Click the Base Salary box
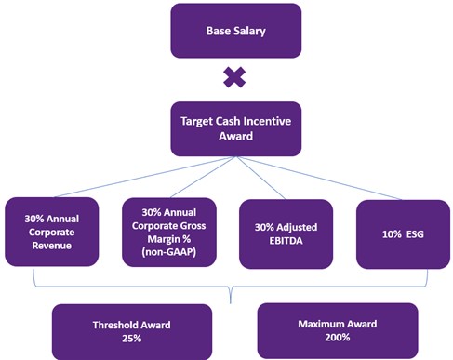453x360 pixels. click(x=234, y=30)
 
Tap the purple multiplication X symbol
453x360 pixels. click(x=234, y=78)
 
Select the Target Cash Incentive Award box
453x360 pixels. click(x=234, y=127)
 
